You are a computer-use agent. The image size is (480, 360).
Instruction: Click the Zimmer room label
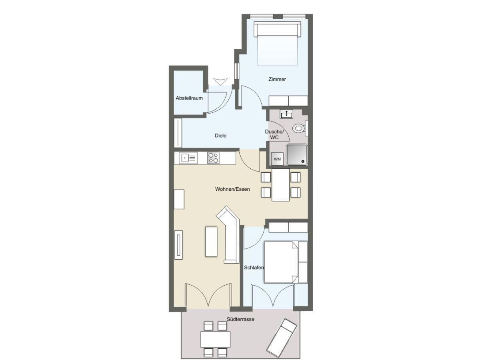[277, 79]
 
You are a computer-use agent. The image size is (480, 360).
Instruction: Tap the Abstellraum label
[189, 98]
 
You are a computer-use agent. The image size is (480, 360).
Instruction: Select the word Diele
[220, 136]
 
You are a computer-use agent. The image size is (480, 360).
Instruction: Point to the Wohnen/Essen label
[232, 189]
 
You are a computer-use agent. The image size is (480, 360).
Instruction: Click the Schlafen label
[254, 267]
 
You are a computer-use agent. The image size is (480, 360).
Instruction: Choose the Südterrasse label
[240, 319]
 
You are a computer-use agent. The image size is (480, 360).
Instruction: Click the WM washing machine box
[277, 159]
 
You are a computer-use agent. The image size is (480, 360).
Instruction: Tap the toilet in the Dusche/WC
[298, 128]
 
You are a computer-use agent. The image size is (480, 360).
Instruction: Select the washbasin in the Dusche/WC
[286, 114]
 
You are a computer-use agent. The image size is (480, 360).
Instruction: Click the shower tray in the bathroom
[297, 154]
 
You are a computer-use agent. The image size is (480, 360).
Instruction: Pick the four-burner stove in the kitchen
[213, 158]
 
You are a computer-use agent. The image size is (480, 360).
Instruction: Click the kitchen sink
[188, 158]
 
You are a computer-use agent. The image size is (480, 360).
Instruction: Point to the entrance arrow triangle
[220, 82]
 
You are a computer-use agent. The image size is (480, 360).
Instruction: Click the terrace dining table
[215, 339]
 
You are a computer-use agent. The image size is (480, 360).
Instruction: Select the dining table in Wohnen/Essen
[280, 185]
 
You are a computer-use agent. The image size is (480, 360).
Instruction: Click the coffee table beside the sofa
[211, 241]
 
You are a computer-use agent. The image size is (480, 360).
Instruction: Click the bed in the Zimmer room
[277, 43]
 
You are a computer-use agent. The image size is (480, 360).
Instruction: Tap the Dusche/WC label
[274, 134]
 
